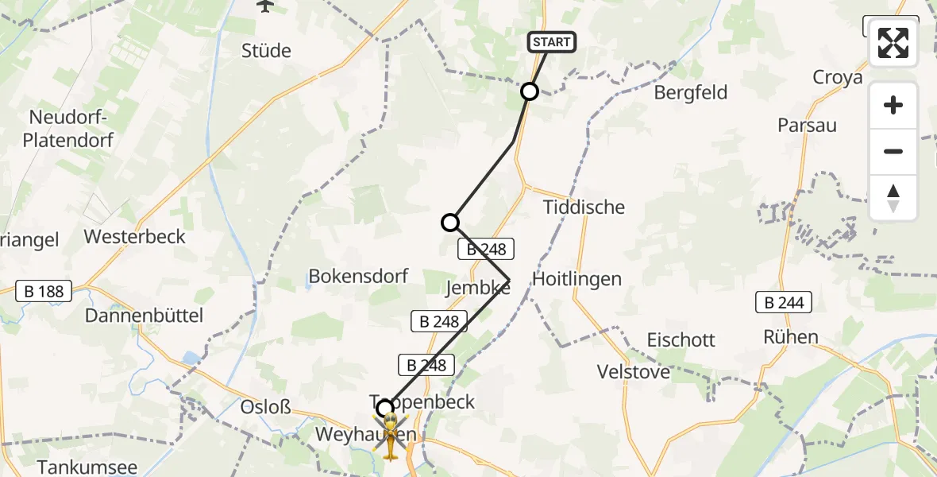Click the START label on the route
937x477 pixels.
click(x=551, y=42)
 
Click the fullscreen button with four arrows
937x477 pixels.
click(x=893, y=43)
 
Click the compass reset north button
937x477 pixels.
click(x=893, y=198)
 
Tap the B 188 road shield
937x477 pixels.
click(x=44, y=292)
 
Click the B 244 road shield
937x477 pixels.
click(x=784, y=302)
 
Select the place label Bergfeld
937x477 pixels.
click(x=690, y=92)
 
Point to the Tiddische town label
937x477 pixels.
click(x=584, y=207)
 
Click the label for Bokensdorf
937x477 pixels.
click(x=358, y=277)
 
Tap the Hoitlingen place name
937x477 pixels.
click(x=576, y=279)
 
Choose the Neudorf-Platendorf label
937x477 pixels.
click(x=71, y=129)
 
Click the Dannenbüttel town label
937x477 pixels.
click(x=145, y=316)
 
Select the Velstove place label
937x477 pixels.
click(x=634, y=371)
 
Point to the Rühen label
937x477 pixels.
click(x=790, y=336)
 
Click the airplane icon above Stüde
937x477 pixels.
click(x=264, y=6)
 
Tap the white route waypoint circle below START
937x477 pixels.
click(x=530, y=91)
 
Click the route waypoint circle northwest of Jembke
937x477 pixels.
click(x=450, y=223)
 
